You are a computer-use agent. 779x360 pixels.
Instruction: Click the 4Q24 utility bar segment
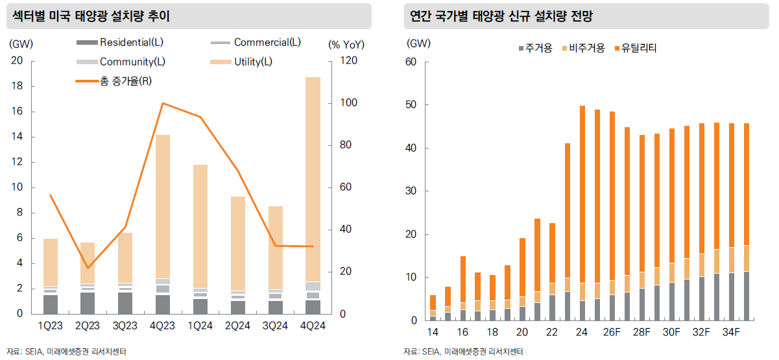[x=313, y=178]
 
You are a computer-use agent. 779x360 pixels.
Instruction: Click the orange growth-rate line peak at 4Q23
[x=162, y=103]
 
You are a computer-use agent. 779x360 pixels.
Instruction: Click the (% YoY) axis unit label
[x=346, y=45]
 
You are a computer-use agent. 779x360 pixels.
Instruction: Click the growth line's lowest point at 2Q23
[x=88, y=267]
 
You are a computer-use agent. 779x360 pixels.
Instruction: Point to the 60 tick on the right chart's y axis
[x=410, y=62]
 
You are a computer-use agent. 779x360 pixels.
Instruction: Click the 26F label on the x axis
[x=612, y=333]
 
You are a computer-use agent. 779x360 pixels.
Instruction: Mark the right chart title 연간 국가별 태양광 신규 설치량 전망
[x=501, y=16]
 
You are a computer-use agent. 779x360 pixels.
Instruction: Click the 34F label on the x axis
[x=731, y=333]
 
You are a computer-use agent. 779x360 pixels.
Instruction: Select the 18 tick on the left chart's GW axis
[x=18, y=86]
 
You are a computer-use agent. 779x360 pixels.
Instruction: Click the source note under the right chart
[x=463, y=352]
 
